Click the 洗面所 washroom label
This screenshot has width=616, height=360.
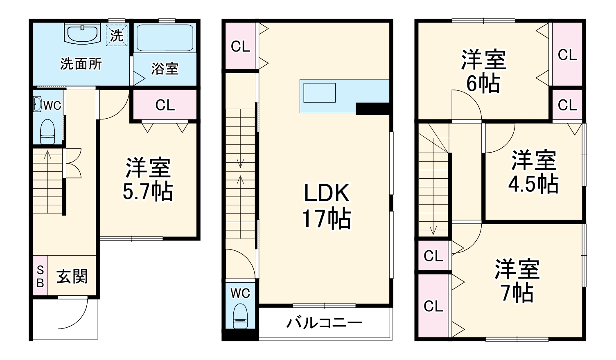pos(81,64)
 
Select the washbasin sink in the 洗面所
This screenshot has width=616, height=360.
pos(82,34)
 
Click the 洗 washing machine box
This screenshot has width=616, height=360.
pos(117,36)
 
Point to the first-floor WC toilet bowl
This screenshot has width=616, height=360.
pos(47,132)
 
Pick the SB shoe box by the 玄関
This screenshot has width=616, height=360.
pos(40,276)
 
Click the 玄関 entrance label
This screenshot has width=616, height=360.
pos(72,277)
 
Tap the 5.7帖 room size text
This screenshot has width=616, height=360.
pos(148,192)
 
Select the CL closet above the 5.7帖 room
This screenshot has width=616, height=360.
pos(165,105)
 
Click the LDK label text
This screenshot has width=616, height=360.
pos(326,193)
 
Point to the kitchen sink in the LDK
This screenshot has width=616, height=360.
pos(319,93)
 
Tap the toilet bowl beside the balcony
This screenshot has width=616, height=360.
pos(240,317)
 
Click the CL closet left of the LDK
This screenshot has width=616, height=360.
pos(240,47)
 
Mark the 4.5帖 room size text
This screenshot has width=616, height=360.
pos(533,184)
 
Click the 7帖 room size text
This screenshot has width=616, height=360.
pos(517,293)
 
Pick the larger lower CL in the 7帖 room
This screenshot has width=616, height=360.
pos(433,306)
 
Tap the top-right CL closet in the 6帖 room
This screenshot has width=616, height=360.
pos(567,54)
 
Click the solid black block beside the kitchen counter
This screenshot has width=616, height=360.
pos(372,108)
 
